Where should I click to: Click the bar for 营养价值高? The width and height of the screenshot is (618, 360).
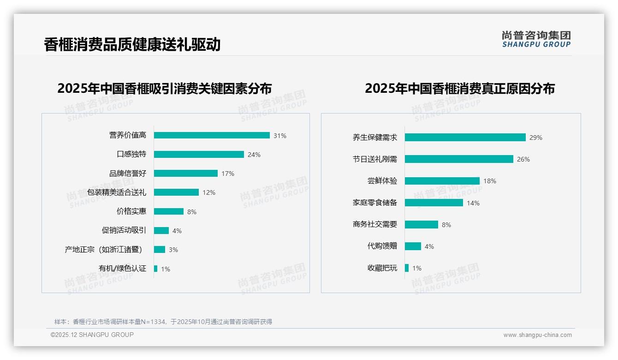pos(212,135)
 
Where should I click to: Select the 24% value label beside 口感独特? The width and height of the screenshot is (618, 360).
pos(254,155)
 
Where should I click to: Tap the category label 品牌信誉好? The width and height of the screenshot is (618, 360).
pos(128,174)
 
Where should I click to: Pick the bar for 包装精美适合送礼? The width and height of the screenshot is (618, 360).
pos(176,192)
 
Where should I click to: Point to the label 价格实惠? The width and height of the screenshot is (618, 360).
pos(131,211)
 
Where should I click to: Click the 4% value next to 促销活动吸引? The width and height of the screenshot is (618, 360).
pos(177,231)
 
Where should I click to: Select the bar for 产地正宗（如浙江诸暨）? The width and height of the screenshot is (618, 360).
pos(160,250)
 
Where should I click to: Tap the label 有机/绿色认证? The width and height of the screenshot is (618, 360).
pos(122,269)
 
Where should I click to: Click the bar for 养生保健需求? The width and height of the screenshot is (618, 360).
pos(465,138)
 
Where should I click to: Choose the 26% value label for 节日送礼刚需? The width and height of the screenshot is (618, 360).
pos(523,159)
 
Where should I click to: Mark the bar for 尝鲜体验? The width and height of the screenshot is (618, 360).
pos(442,181)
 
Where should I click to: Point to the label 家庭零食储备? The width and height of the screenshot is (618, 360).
pos(375,203)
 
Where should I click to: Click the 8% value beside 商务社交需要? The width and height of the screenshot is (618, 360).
pos(446,225)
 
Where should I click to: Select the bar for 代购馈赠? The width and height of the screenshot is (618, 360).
pos(413,246)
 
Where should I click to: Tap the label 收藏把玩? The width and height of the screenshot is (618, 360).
pos(382,268)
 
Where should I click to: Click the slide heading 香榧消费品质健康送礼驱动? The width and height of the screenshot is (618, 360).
pos(132,44)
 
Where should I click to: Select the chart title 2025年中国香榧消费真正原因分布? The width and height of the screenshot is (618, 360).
pos(460,88)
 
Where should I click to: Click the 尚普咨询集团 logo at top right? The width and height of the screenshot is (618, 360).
pos(536,39)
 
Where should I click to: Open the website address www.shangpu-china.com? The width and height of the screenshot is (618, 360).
pos(537,335)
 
